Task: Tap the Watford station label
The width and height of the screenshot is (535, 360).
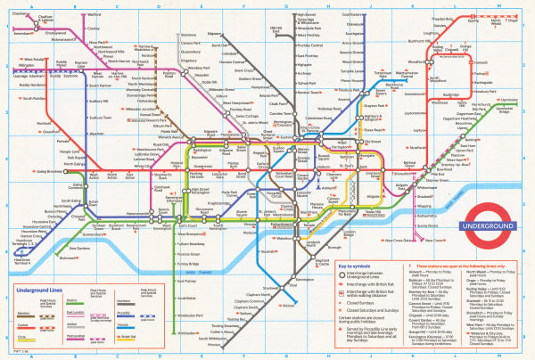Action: pyautogui.click(x=95, y=16)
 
